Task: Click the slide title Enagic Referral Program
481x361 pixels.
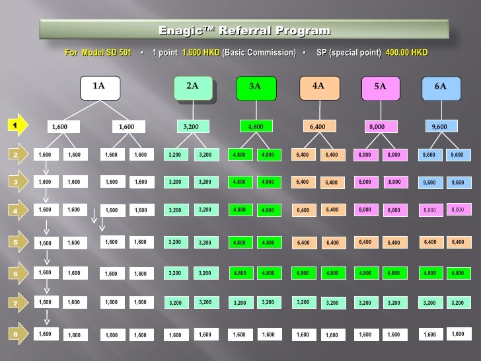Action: [244, 31]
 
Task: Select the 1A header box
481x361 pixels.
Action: [98, 86]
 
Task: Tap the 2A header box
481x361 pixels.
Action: [192, 86]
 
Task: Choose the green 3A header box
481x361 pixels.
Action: [255, 86]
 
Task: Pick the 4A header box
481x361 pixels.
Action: [318, 86]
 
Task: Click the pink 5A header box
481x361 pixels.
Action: [380, 86]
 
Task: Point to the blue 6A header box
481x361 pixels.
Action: [440, 86]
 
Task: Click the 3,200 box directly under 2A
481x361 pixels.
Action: [192, 126]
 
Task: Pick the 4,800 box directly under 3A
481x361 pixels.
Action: [255, 126]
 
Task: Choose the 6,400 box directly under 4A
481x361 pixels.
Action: [318, 126]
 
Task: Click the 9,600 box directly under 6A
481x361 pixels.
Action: [439, 126]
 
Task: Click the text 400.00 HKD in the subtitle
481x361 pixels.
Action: [406, 52]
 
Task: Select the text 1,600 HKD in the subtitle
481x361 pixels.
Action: [201, 52]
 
